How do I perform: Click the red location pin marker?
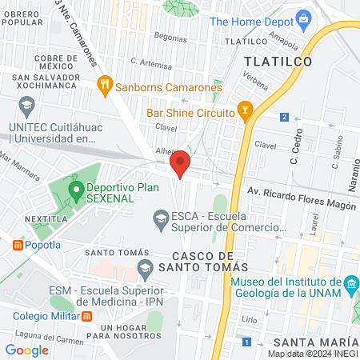click(181, 163)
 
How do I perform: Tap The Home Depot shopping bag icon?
click(303, 18)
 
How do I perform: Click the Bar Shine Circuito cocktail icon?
click(245, 109)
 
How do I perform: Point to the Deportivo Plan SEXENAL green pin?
click(77, 191)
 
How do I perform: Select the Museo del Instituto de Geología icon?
click(350, 286)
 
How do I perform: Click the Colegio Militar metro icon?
click(87, 315)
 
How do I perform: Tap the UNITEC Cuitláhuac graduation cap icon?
click(27, 106)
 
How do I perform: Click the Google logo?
click(27, 350)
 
